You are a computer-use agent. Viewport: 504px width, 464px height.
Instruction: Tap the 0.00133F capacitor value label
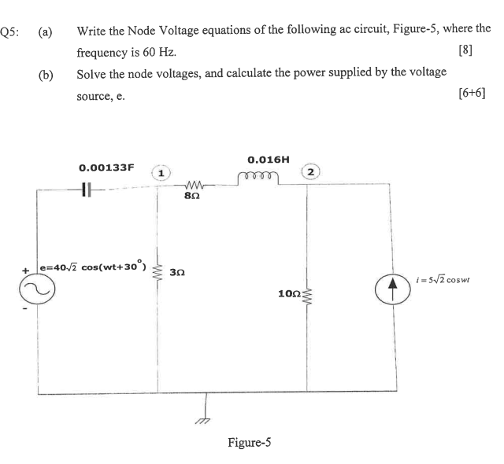(x=107, y=168)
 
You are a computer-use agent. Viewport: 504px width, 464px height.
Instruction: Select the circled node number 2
(x=313, y=171)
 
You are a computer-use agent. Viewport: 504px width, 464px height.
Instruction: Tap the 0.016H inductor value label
(x=268, y=159)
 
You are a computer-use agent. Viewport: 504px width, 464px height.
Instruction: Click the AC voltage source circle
(x=38, y=291)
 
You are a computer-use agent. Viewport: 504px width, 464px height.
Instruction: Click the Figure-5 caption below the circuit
(x=250, y=443)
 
